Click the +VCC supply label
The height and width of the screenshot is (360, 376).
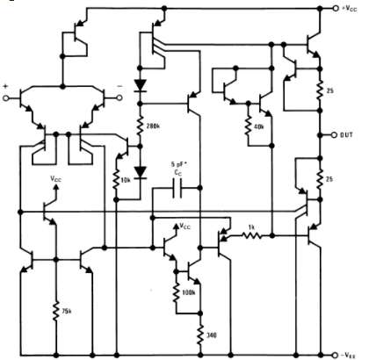pos(354,8)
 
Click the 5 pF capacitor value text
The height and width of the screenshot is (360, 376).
pos(181,164)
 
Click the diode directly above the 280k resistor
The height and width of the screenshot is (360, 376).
pos(140,87)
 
